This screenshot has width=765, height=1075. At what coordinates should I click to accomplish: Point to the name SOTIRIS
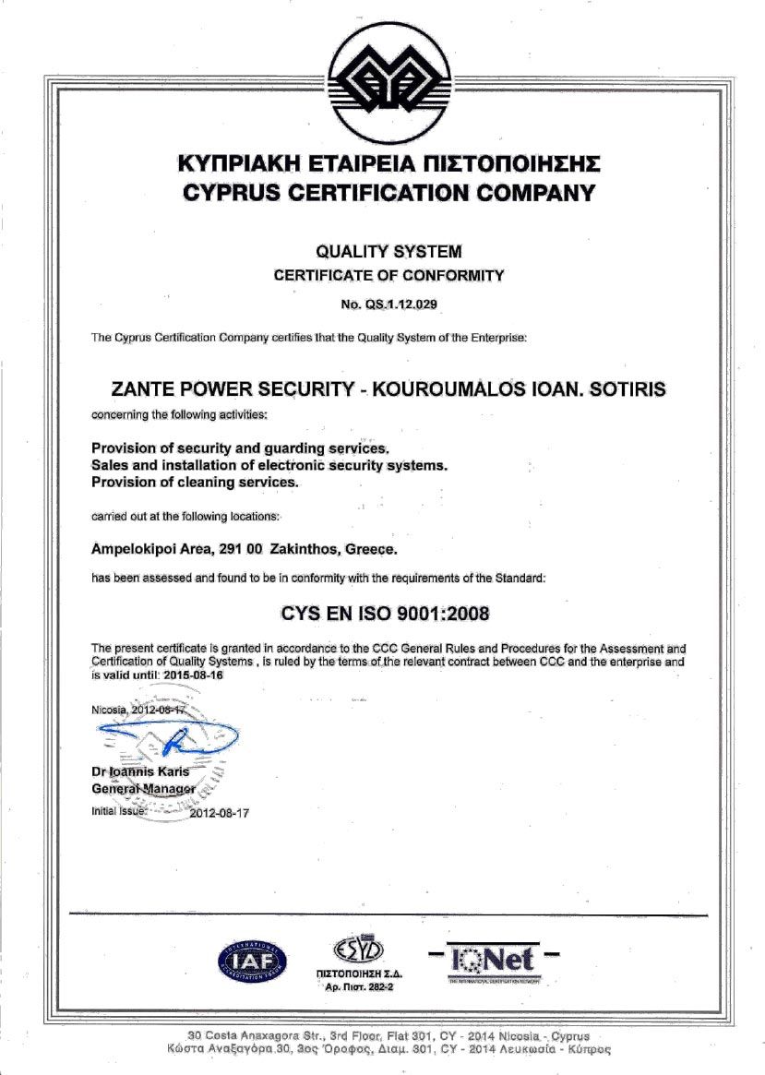pyautogui.click(x=628, y=389)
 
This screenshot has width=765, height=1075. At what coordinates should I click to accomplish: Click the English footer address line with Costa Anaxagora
pyautogui.click(x=388, y=1036)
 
